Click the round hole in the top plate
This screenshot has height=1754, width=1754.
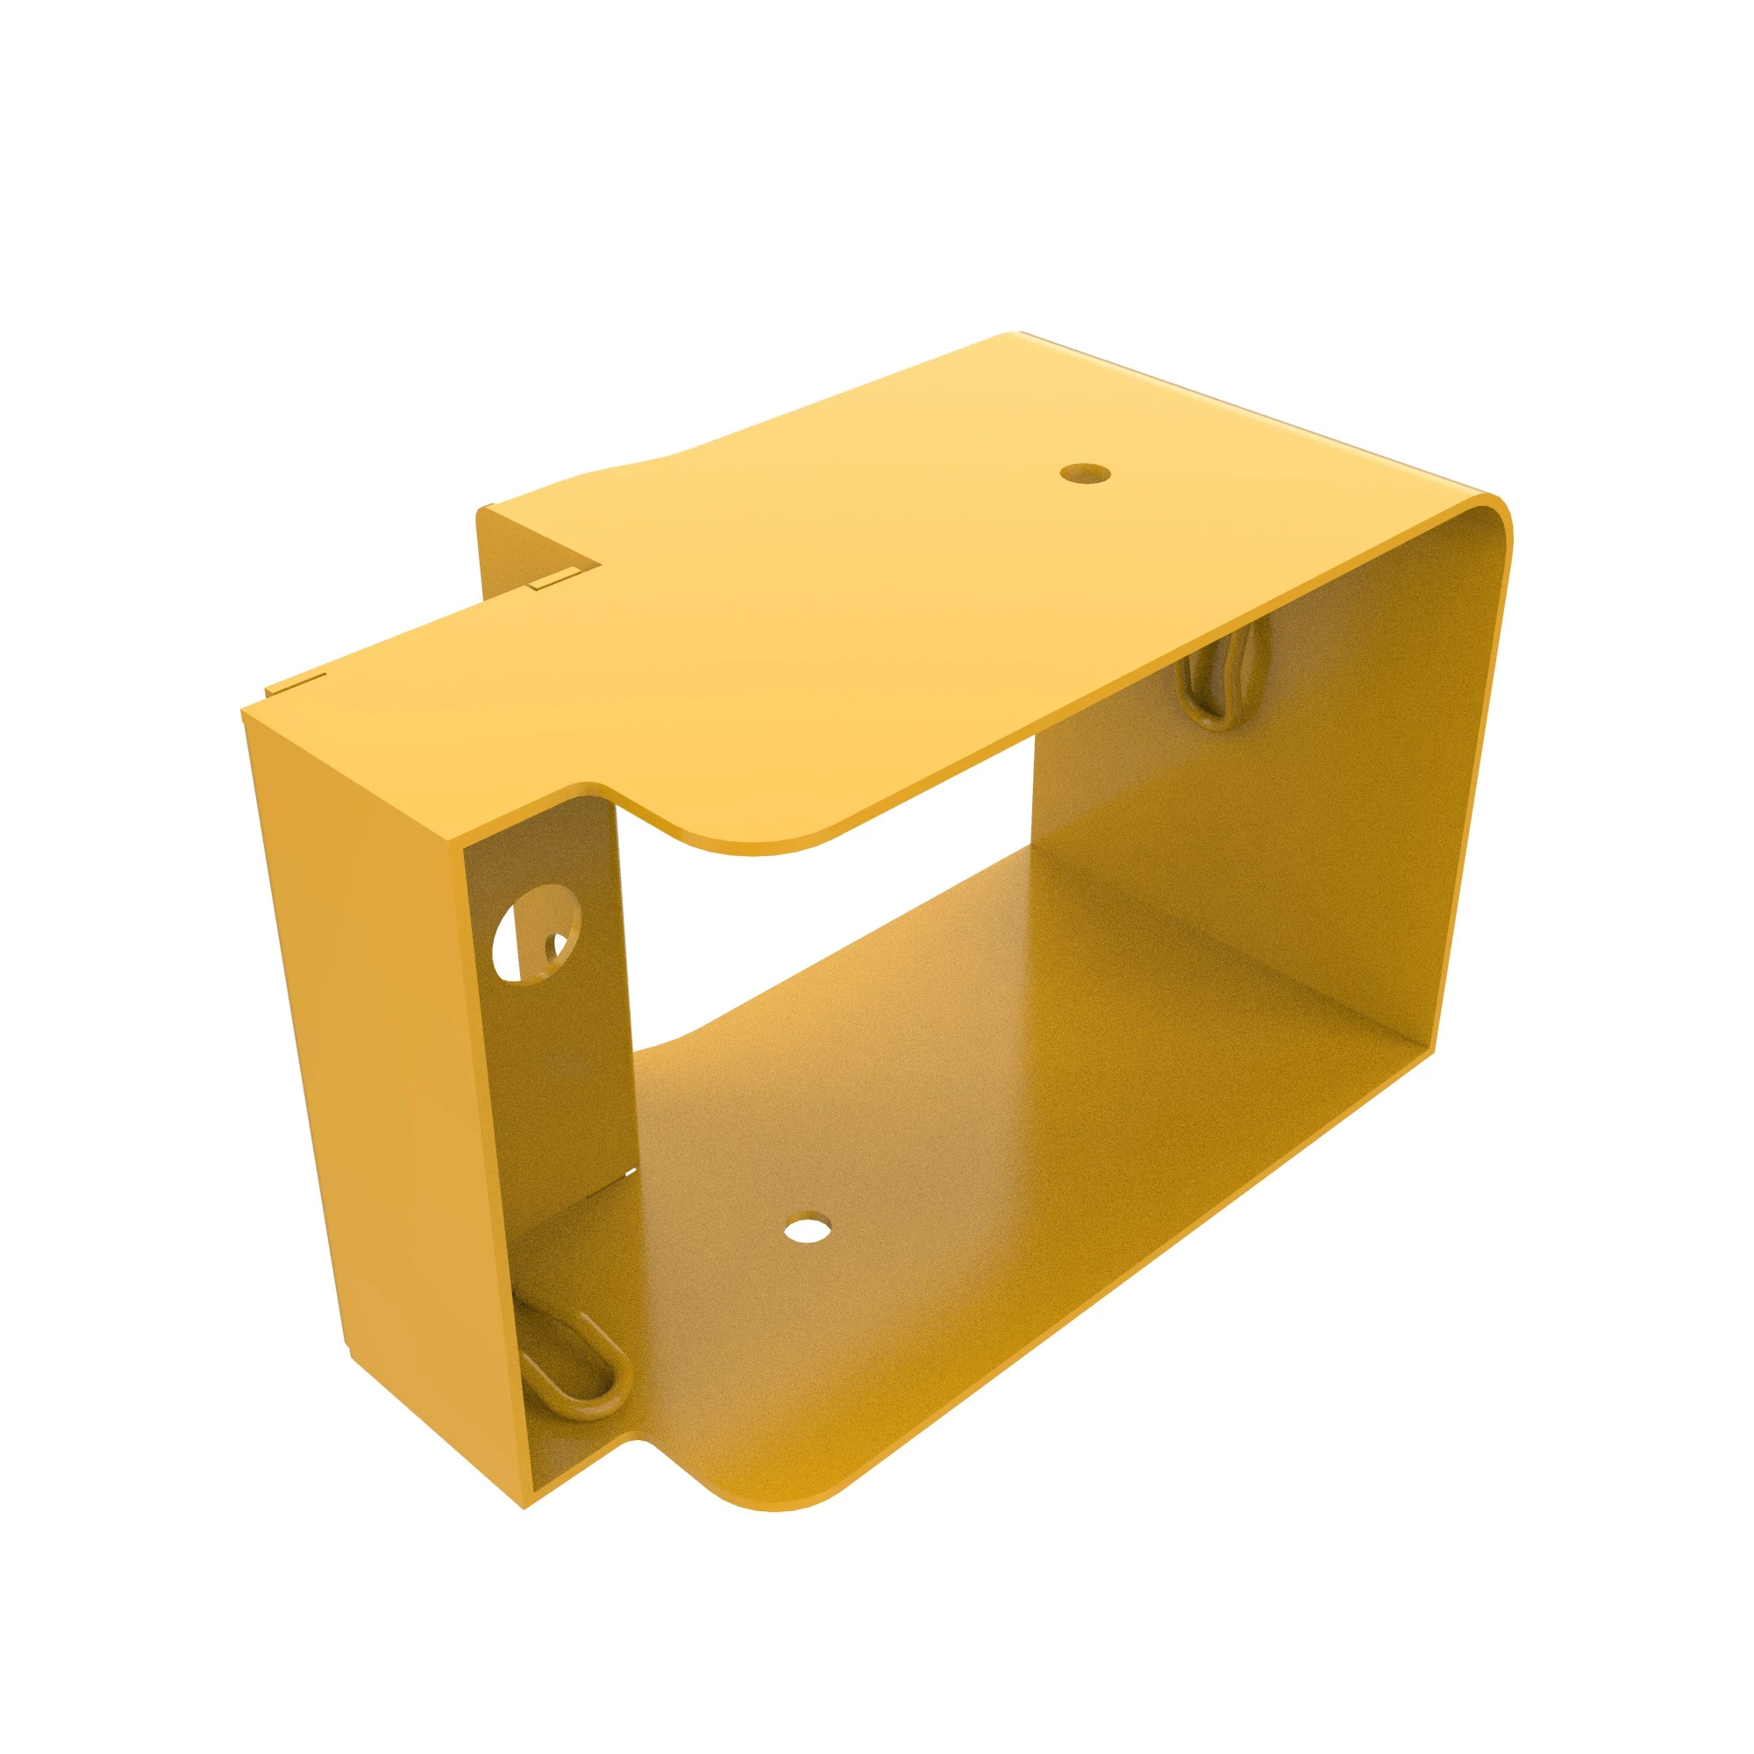coord(1086,473)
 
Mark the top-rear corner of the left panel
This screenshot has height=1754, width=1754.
coord(243,713)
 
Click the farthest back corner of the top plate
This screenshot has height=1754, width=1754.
coord(1018,335)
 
